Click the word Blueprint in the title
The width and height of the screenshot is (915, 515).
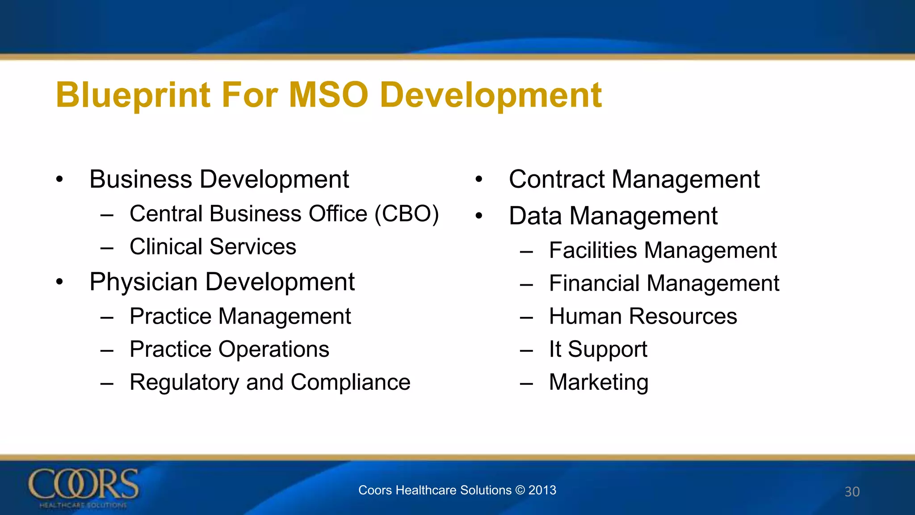[x=133, y=95]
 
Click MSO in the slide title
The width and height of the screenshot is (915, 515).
[x=328, y=95]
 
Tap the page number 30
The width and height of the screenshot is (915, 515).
[x=852, y=492]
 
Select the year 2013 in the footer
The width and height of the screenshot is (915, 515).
[x=542, y=490]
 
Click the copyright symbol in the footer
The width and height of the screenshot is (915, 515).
[x=520, y=490]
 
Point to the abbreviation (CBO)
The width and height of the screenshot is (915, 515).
[x=407, y=214]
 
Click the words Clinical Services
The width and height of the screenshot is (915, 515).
[x=213, y=247]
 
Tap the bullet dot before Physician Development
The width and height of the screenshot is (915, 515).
[x=59, y=282]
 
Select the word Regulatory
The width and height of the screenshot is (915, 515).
[x=184, y=383]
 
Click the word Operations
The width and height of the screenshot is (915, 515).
[x=273, y=350]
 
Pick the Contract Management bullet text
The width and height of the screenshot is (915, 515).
[x=634, y=180]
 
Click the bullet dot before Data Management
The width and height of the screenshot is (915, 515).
[x=479, y=216]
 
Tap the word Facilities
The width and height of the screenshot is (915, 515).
[x=593, y=250]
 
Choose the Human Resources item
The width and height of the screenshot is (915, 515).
[x=642, y=317]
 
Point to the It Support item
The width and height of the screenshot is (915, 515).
[x=598, y=350]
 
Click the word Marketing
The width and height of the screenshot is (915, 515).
[x=598, y=383]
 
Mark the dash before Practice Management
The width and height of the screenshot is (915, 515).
[x=107, y=317]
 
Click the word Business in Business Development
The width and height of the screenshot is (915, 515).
[x=141, y=180]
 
